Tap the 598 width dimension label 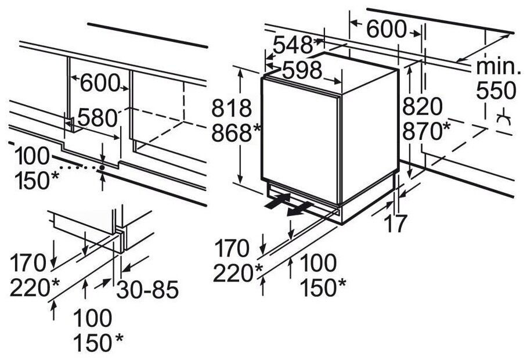click(x=302, y=70)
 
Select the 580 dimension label click(x=98, y=118)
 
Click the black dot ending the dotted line click(x=102, y=167)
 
